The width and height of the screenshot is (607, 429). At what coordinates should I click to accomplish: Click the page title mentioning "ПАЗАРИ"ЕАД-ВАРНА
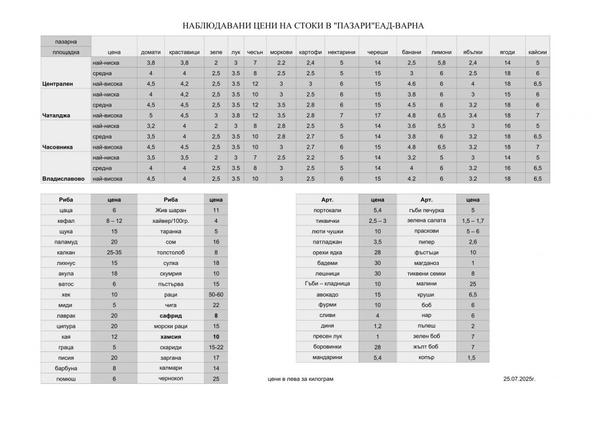pos(303,27)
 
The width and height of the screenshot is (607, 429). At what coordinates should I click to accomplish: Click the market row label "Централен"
pos(57,84)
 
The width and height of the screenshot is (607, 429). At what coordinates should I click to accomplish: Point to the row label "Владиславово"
pos(63,178)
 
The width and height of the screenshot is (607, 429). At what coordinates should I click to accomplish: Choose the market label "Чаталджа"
pos(57,116)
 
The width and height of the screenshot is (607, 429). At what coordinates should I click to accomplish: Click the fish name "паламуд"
pos(66,242)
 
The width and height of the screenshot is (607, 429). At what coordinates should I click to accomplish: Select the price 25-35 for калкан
pos(114,252)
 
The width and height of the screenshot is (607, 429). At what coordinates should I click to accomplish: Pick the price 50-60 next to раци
pos(216,295)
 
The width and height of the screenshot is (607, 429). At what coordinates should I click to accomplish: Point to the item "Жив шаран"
pos(170,210)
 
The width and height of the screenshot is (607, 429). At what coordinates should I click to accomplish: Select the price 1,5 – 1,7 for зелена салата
pos(472,221)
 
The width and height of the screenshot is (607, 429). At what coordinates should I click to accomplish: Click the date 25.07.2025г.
pos(519,378)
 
